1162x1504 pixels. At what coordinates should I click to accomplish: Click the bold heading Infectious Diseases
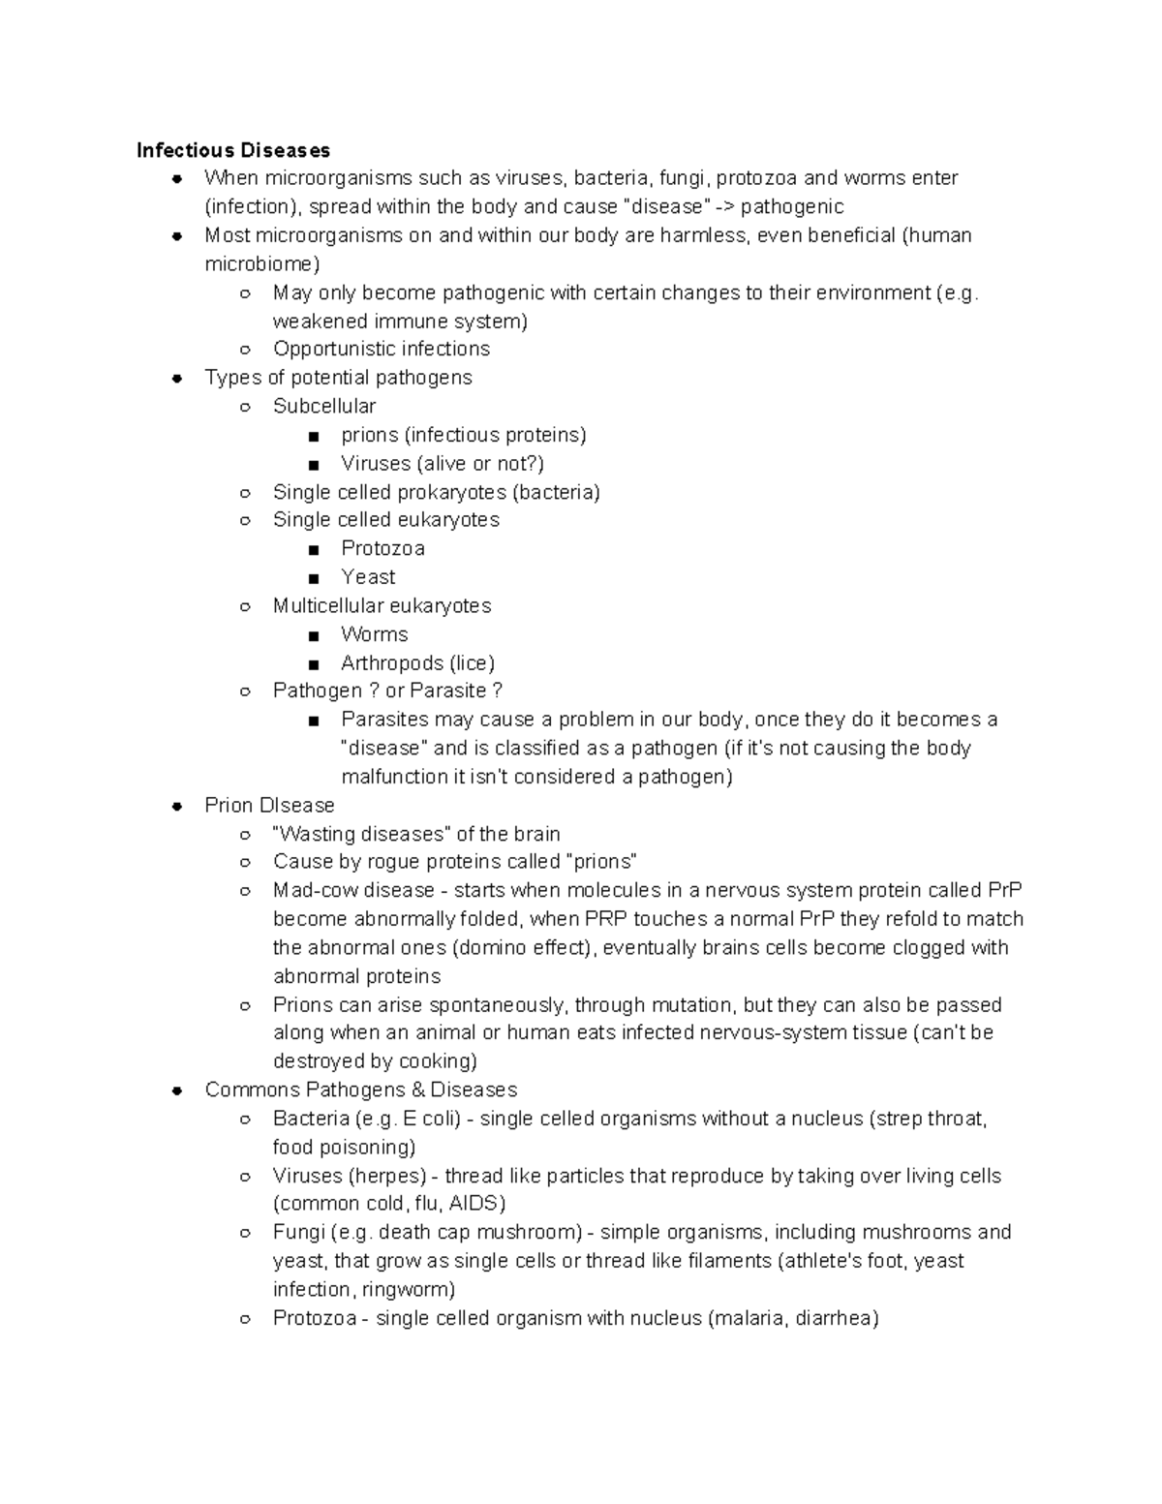click(x=233, y=150)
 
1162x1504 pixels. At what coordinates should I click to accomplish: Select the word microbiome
click(x=259, y=264)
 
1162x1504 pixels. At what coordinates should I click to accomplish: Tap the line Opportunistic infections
click(x=382, y=349)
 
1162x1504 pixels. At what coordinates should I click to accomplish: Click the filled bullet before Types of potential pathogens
click(x=177, y=379)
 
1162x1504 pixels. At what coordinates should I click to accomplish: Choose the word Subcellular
click(x=324, y=407)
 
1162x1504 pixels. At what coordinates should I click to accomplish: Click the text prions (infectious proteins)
click(x=464, y=435)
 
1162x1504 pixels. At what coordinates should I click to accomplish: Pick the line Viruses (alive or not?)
click(x=443, y=464)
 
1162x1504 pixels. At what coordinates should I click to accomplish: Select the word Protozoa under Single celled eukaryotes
click(x=382, y=549)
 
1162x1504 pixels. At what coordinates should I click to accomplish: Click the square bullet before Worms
click(x=313, y=636)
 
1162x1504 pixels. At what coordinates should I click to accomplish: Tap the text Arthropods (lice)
click(x=417, y=663)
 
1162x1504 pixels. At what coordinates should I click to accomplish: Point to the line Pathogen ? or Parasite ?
click(x=387, y=691)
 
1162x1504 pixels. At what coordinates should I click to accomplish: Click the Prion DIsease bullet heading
click(x=269, y=806)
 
